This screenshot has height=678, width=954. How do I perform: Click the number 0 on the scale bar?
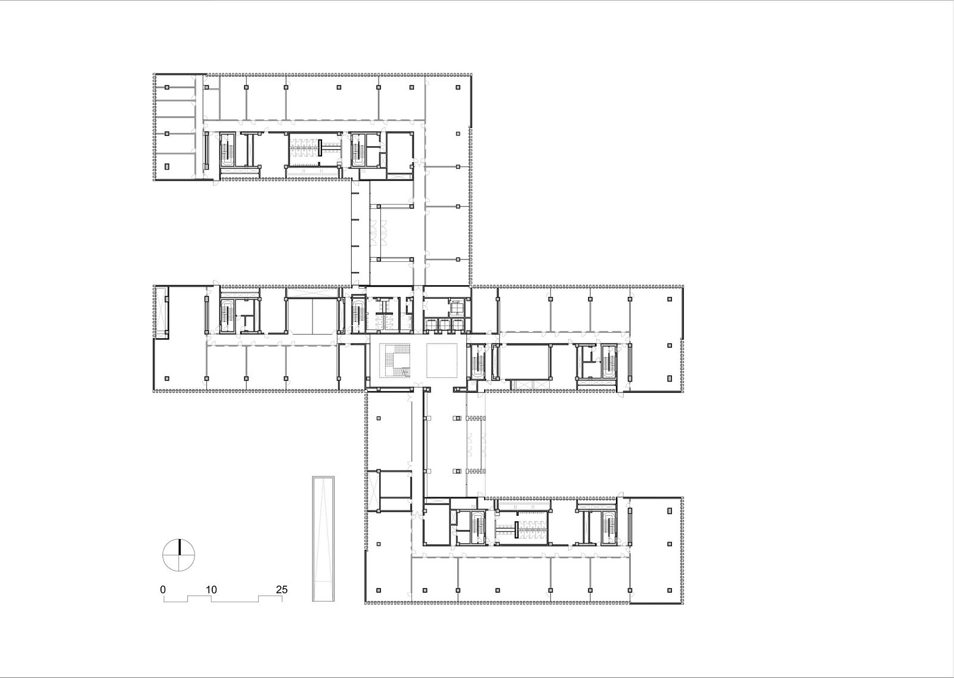click(x=163, y=589)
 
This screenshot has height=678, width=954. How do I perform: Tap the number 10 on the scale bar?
click(x=211, y=589)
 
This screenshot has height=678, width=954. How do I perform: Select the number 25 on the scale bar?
click(x=281, y=589)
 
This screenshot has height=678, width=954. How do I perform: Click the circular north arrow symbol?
click(x=179, y=555)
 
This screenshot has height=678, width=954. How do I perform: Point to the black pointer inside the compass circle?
click(x=179, y=547)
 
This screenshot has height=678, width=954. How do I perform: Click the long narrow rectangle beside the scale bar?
click(x=323, y=538)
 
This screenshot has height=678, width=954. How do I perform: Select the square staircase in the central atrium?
click(x=397, y=361)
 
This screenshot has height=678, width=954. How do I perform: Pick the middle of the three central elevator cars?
click(x=445, y=324)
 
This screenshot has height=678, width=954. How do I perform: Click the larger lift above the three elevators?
click(x=457, y=307)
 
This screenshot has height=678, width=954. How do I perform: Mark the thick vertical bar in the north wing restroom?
click(x=320, y=147)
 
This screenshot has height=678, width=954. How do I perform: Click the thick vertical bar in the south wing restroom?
click(x=516, y=530)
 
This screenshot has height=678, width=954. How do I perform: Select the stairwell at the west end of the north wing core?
click(x=227, y=150)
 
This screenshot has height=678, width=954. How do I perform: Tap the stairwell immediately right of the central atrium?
click(x=476, y=361)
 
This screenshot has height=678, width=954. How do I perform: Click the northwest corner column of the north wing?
click(x=167, y=87)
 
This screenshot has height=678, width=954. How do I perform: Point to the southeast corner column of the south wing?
click(x=670, y=590)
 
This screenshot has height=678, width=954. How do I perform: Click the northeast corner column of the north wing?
click(x=458, y=87)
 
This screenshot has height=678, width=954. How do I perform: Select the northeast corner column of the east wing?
click(x=670, y=299)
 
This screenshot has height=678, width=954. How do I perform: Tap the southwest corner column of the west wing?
click(x=167, y=378)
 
